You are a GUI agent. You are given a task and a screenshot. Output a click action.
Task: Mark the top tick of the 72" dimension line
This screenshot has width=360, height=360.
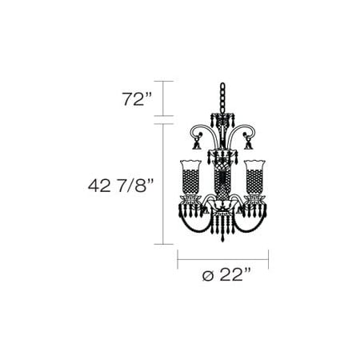click(x=163, y=82)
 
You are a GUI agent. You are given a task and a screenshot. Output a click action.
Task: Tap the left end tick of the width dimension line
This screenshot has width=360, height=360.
click(x=178, y=259)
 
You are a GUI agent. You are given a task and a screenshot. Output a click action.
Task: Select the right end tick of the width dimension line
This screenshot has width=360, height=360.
click(x=269, y=259)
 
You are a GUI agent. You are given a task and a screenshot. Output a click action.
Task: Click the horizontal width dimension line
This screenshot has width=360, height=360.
click(x=223, y=259)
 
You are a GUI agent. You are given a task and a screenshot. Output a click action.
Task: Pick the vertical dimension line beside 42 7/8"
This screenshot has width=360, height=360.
click(x=163, y=184)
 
